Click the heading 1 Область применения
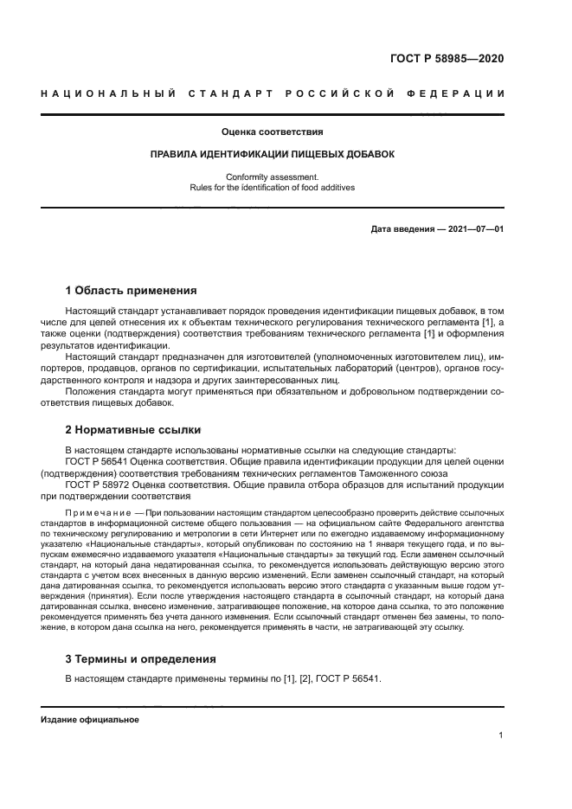coord(132,290)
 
